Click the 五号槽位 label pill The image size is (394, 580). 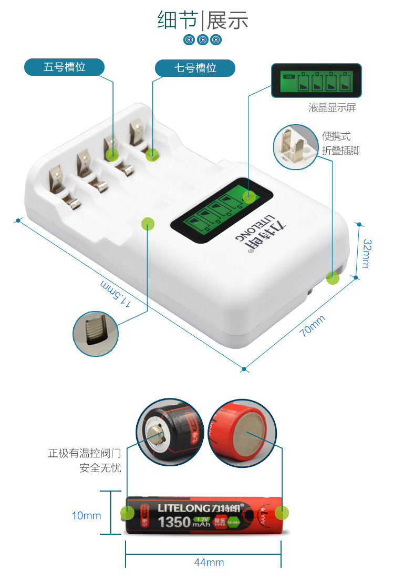[x=64, y=67]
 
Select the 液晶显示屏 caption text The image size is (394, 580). [x=332, y=108]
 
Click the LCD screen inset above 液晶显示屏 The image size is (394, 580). [x=317, y=81]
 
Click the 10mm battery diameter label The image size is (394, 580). [x=86, y=515]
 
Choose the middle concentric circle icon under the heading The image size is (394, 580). [x=203, y=39]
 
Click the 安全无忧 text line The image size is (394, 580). [x=100, y=468]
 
